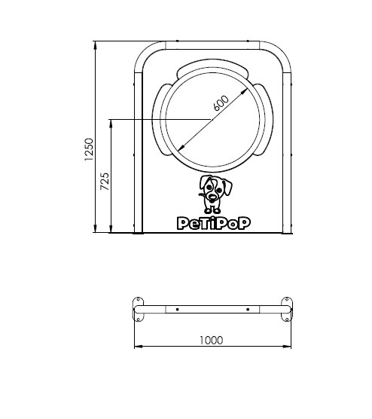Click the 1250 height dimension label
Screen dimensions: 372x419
pos(89,149)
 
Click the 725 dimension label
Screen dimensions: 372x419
pos(105,182)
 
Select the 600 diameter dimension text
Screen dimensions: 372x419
pos(221,103)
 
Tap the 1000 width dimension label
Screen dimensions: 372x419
pos(211,340)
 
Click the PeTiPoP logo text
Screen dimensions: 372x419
pos(214,223)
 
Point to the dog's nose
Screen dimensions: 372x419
pos(212,197)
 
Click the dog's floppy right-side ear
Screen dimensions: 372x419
pos(227,186)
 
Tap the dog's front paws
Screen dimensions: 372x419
pos(212,211)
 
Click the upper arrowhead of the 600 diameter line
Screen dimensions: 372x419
pos(243,91)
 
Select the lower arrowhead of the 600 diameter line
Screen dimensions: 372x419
pos(181,148)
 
